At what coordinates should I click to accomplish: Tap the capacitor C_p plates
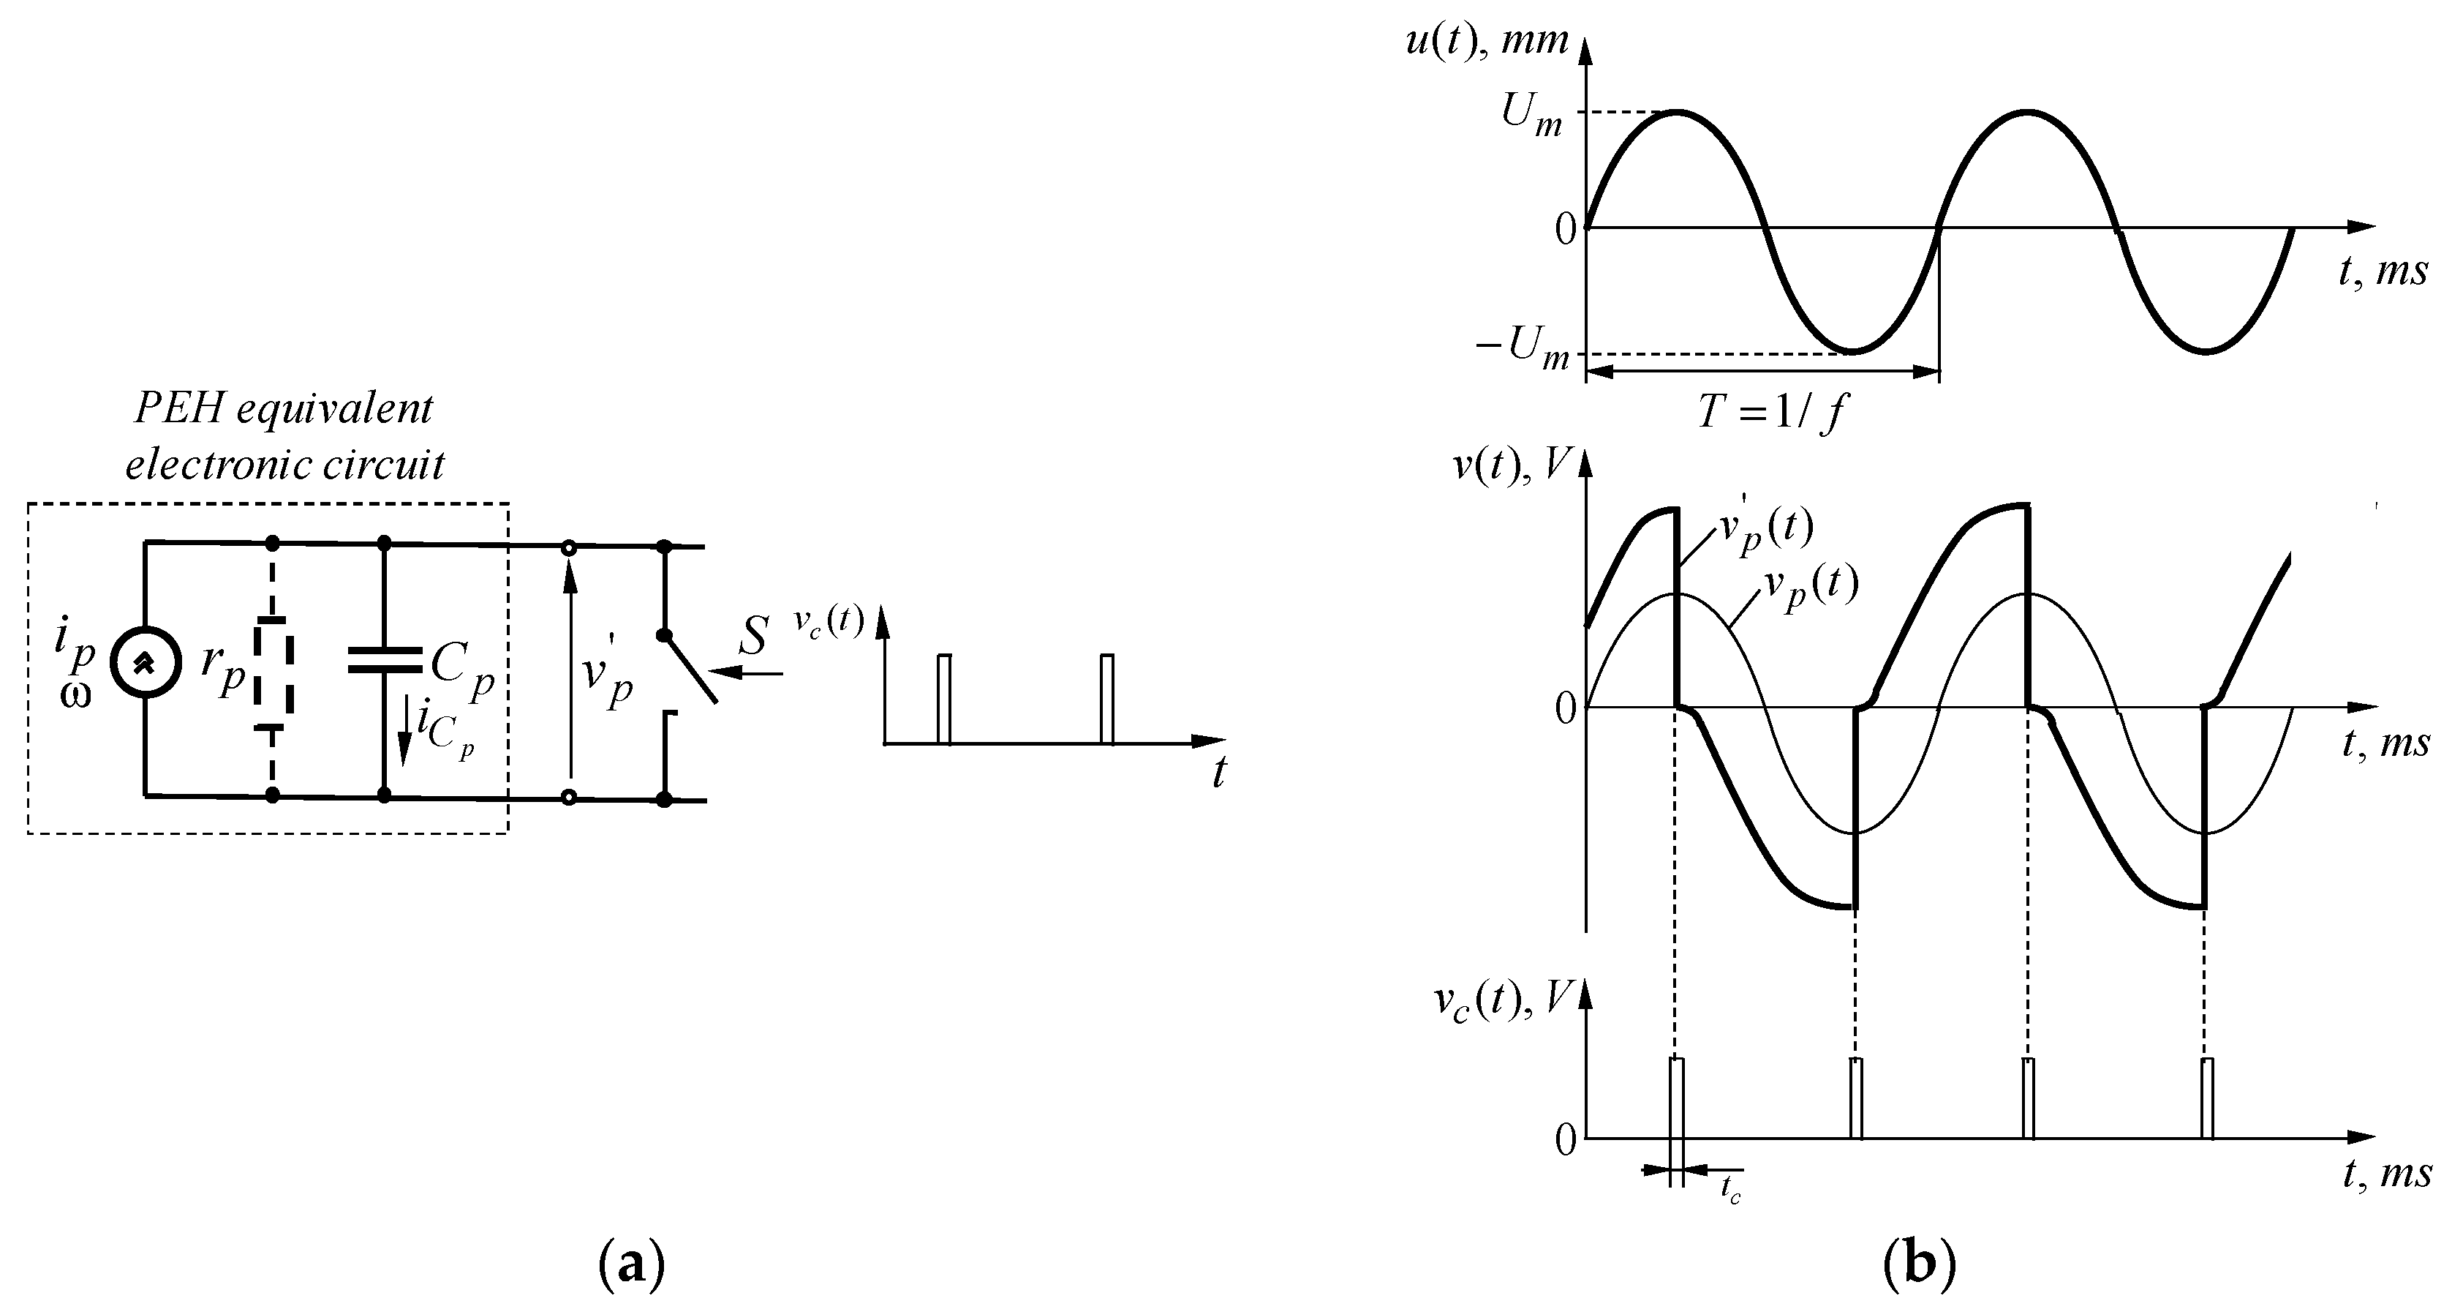pos(385,660)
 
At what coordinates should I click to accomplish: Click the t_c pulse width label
pos(1730,1190)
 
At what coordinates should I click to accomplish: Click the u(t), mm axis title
pos(1487,43)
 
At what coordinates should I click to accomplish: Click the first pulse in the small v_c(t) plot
pos(943,698)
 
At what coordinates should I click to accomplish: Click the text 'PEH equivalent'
pos(284,409)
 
